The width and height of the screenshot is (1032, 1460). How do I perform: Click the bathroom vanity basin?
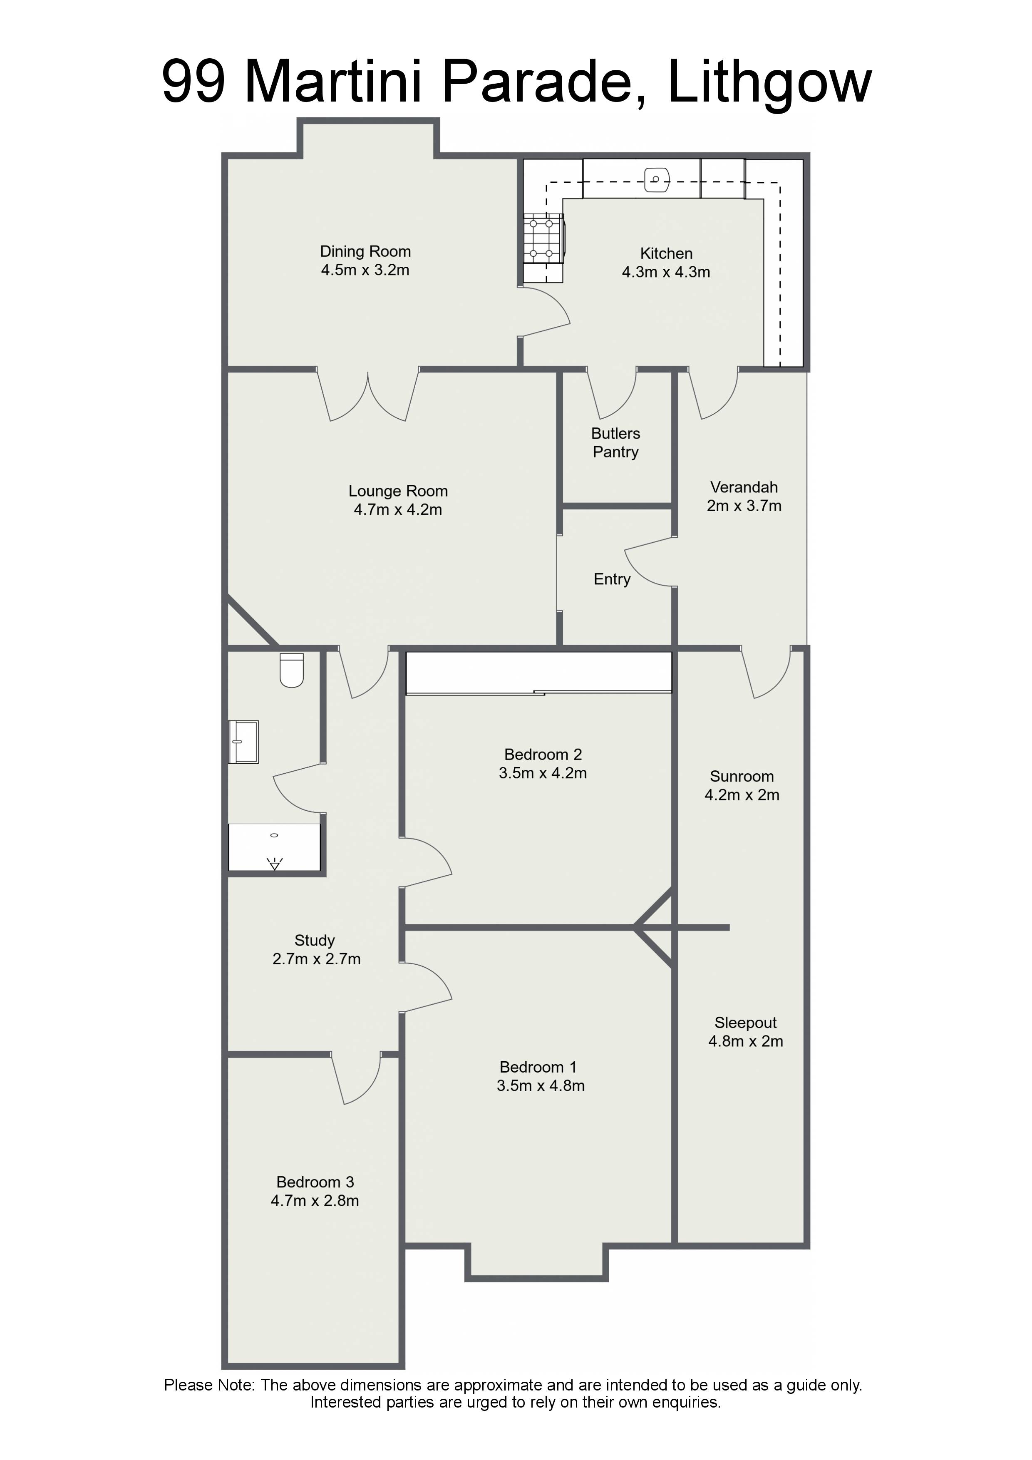click(x=243, y=742)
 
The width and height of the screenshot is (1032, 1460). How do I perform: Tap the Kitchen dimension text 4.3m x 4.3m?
click(x=666, y=272)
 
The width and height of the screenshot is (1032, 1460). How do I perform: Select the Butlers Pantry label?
click(x=615, y=442)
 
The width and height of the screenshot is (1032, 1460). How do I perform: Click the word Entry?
click(x=612, y=579)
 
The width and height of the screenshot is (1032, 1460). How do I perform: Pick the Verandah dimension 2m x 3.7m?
click(x=744, y=506)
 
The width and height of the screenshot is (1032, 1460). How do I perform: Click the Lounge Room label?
click(x=398, y=491)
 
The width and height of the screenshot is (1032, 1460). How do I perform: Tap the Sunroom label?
click(x=742, y=777)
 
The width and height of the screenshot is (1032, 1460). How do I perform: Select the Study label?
click(x=314, y=941)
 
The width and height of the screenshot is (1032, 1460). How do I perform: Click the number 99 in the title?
click(x=194, y=82)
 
